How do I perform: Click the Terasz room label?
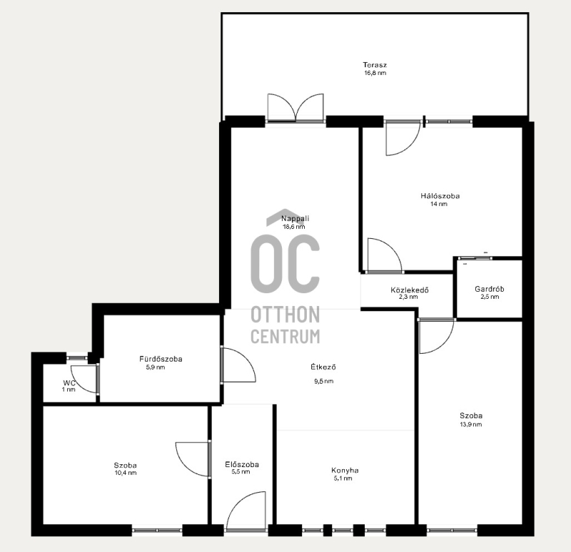point(375,65)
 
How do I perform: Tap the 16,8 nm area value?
point(375,73)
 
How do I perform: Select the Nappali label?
point(295,218)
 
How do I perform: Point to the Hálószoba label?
point(440,195)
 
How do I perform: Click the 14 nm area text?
point(439,204)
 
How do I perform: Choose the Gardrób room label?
point(490,289)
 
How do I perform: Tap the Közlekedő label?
point(409,290)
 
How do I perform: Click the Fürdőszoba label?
point(161,359)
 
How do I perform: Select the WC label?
point(69,383)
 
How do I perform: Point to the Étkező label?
point(323,367)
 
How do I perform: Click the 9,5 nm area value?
point(324,381)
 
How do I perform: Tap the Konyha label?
point(345,470)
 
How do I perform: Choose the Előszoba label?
point(242,464)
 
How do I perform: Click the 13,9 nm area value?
point(471,424)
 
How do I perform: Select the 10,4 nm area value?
point(126,473)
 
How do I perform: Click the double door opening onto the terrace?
point(295,108)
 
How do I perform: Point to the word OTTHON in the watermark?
point(285,315)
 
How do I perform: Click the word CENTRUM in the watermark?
point(285,336)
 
